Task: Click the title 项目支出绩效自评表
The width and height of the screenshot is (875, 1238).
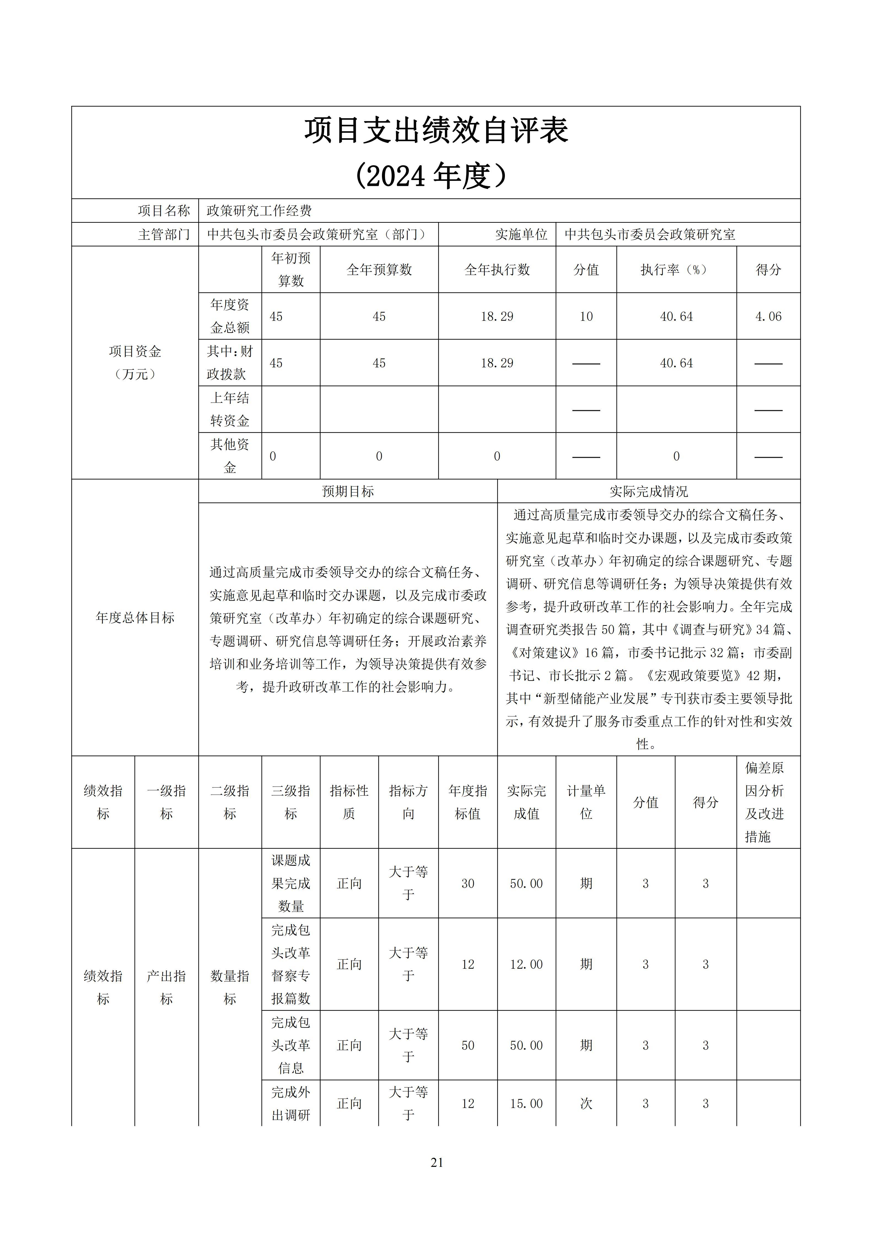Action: (x=437, y=131)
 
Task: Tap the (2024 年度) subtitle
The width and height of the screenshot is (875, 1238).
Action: (x=431, y=176)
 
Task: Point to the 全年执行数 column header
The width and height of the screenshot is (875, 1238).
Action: (x=497, y=270)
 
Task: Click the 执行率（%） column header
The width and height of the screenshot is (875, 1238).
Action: (x=676, y=270)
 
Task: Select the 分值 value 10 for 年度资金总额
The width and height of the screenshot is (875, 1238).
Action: (x=586, y=317)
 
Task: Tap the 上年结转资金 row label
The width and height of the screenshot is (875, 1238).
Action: (x=230, y=409)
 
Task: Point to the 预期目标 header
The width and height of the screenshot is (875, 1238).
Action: (x=348, y=491)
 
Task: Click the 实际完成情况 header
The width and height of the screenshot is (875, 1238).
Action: (x=649, y=491)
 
